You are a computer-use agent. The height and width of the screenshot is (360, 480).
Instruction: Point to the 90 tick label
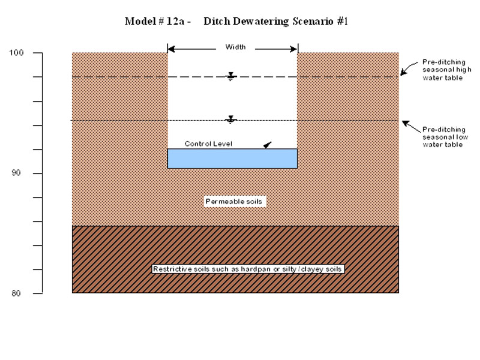(18, 173)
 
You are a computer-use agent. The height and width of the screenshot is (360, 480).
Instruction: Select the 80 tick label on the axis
(18, 293)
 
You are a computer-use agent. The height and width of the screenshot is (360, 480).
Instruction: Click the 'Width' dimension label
(235, 47)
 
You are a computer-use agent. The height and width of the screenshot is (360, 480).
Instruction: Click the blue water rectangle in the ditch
(232, 158)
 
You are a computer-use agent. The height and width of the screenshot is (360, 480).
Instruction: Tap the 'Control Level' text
(208, 144)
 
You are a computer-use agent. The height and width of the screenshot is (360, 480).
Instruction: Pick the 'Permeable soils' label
(235, 202)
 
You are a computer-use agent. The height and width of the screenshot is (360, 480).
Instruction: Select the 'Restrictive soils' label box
(247, 269)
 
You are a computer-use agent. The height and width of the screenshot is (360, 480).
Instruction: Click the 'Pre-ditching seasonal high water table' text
(443, 70)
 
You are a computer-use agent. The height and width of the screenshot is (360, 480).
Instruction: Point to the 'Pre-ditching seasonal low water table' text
(445, 137)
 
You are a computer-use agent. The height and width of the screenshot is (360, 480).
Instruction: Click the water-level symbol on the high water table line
(231, 76)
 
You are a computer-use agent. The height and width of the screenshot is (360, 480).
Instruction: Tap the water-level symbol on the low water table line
(231, 119)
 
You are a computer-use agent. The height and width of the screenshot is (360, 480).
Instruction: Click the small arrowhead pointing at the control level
(267, 145)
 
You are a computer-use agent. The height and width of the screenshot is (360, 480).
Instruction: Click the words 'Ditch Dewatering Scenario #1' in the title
(275, 22)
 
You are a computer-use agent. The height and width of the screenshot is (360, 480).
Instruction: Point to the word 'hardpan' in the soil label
(244, 269)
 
